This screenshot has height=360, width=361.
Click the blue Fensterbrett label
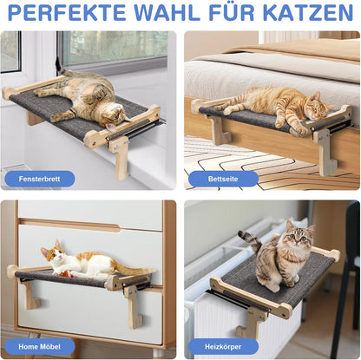(39, 178)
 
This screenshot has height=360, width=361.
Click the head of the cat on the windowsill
(112, 113)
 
